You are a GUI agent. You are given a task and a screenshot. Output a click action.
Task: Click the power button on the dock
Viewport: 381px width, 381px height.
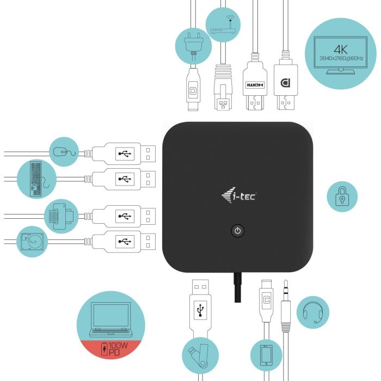click(x=237, y=231)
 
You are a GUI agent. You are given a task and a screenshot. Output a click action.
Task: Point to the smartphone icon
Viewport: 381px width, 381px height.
click(x=266, y=355)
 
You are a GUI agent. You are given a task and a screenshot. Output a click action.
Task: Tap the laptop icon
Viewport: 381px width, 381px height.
click(x=110, y=319)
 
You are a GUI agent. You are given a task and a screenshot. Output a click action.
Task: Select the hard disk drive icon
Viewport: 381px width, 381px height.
click(x=32, y=242)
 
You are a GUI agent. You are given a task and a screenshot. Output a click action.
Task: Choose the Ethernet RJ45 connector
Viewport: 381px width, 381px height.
click(x=223, y=87)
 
